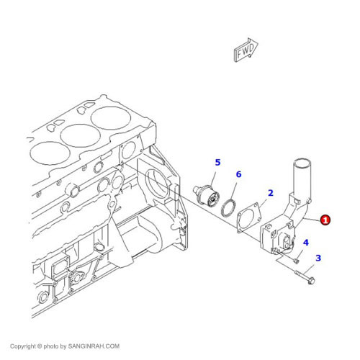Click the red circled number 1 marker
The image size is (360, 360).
click(325, 220)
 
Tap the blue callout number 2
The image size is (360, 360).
click(271, 193)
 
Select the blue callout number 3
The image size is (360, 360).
click(318, 258)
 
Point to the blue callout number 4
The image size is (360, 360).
click(306, 243)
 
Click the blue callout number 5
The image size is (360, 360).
click(217, 163)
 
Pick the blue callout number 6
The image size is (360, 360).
click(238, 174)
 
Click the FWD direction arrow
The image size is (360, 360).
click(246, 50)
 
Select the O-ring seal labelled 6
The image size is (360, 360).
click(228, 208)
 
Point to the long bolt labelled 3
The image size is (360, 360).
click(305, 278)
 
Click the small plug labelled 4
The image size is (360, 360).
click(297, 261)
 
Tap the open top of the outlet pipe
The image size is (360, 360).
click(302, 161)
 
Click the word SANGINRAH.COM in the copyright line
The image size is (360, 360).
click(94, 346)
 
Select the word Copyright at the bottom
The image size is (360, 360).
click(22, 346)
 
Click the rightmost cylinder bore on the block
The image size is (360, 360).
click(111, 117)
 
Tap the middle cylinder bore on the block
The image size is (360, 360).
click(80, 135)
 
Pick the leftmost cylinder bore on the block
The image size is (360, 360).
click(50, 153)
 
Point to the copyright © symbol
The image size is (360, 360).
click(40, 346)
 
